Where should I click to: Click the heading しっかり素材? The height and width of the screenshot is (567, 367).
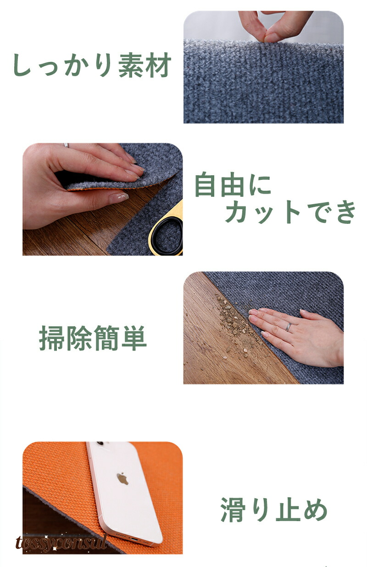point(92,65)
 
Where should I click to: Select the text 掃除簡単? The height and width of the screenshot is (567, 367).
point(93,338)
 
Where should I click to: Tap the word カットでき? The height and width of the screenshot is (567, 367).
point(290,211)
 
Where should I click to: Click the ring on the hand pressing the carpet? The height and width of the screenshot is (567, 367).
point(289,327)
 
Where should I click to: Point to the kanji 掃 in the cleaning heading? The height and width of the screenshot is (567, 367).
point(52,338)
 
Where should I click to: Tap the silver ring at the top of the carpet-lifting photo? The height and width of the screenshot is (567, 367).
point(66,145)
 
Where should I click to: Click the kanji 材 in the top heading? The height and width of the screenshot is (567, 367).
point(158,65)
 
